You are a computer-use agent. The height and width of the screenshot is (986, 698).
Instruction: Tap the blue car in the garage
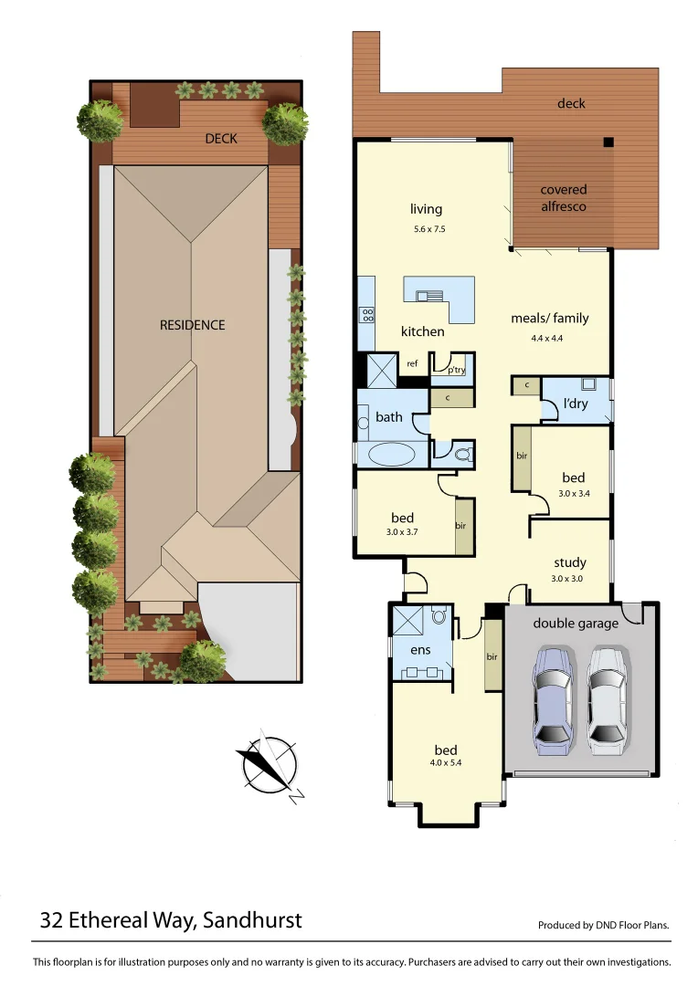553,700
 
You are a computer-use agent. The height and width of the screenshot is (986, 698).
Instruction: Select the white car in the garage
607,700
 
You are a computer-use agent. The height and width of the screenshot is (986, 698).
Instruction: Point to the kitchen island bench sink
428,295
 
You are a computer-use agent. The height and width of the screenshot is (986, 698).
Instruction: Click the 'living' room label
426,210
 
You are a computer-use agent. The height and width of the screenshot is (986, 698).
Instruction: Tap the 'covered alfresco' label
564,198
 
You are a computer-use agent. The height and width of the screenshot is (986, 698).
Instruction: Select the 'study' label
569,562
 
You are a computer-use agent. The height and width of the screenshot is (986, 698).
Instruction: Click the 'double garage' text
576,624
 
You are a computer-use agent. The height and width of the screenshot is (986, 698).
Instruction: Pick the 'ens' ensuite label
419,651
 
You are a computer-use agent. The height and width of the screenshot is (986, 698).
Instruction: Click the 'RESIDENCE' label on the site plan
192,325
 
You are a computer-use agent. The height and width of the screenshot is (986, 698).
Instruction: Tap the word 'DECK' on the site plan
221,139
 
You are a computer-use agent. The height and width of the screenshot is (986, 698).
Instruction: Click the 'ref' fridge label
412,364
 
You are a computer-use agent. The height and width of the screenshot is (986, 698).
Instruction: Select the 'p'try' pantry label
456,369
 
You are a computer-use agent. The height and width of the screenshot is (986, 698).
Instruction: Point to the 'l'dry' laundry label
575,404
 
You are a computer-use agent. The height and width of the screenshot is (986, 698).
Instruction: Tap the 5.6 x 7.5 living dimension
429,229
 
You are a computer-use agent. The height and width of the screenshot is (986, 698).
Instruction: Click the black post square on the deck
608,142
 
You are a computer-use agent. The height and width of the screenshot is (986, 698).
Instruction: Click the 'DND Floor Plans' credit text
630,925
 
